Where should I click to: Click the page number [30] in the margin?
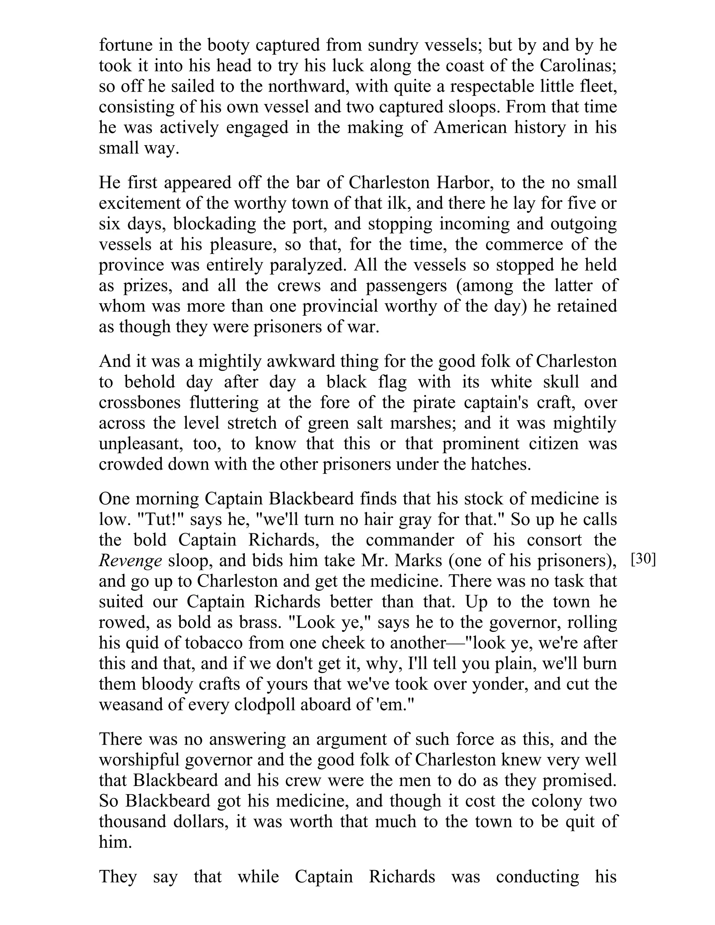click(643, 560)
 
